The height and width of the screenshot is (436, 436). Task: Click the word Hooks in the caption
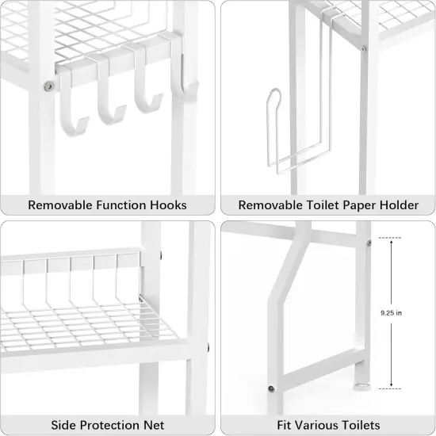(x=167, y=205)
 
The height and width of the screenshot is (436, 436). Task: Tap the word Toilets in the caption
(x=358, y=425)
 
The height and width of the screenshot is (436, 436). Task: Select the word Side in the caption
(x=64, y=425)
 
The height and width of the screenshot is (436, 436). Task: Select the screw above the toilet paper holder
(x=364, y=49)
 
